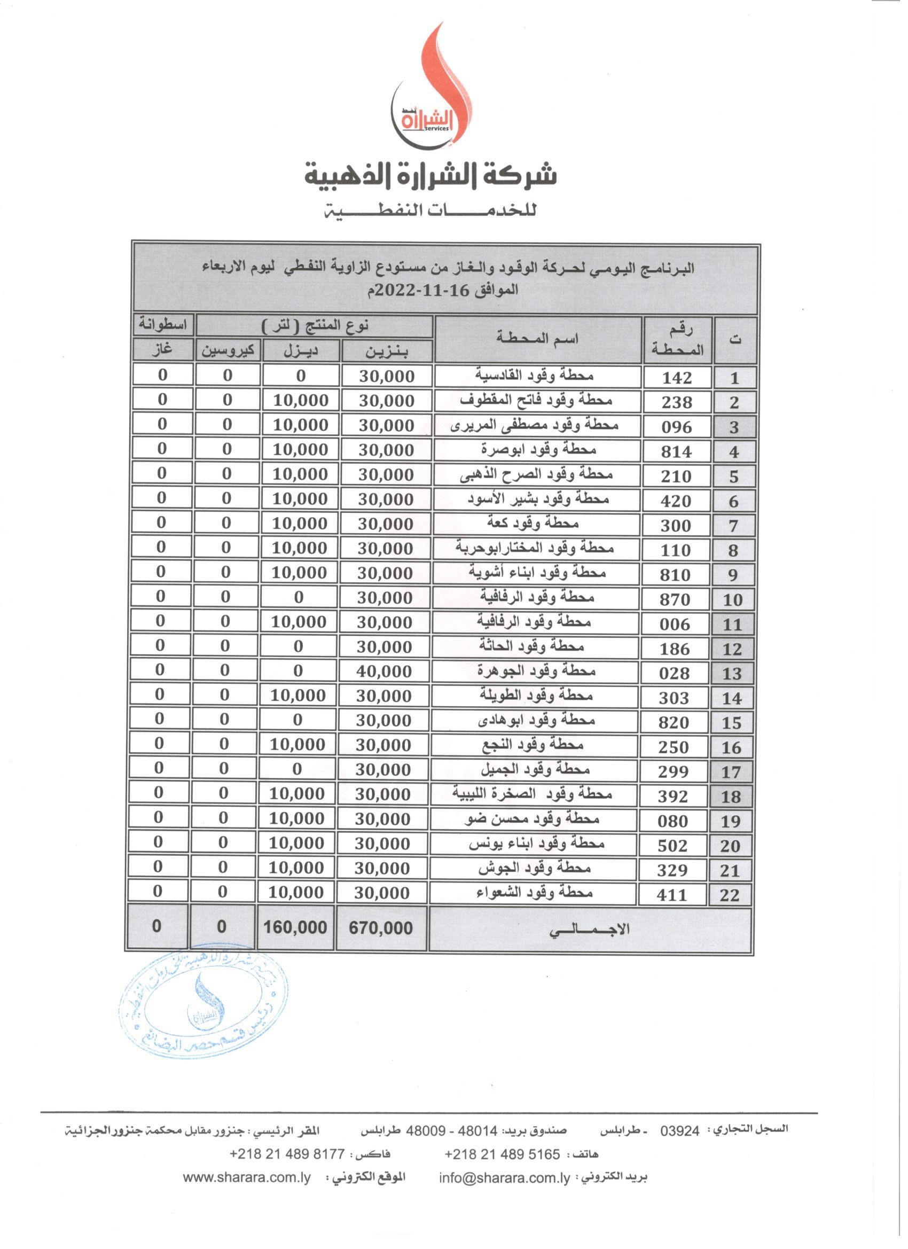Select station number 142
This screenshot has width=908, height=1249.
pos(677,378)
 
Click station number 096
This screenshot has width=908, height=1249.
pos(677,427)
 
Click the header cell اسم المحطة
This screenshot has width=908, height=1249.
pos(537,339)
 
